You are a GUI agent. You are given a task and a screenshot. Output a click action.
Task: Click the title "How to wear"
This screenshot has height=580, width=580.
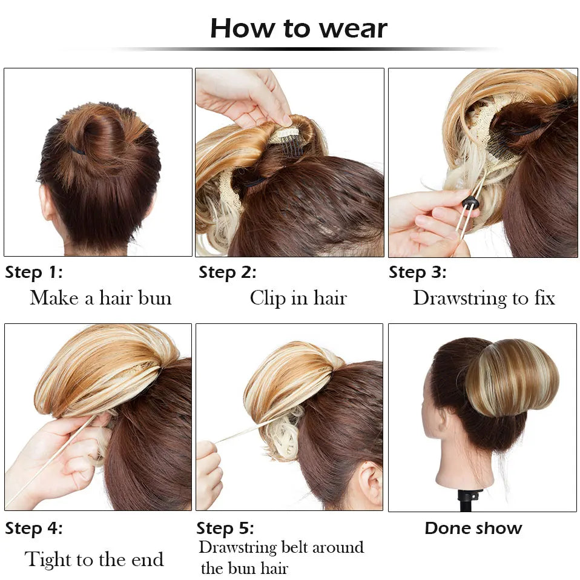[298, 28]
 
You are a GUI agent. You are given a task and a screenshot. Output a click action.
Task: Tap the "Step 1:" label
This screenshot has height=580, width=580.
[34, 272]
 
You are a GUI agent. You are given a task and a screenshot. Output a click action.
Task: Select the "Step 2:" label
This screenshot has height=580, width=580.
[227, 272]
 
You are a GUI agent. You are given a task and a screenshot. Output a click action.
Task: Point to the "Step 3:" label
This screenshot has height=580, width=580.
[417, 272]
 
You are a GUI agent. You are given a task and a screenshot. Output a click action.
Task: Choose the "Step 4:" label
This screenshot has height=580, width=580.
[34, 528]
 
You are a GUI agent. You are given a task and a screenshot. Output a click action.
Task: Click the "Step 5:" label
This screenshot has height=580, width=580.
[225, 528]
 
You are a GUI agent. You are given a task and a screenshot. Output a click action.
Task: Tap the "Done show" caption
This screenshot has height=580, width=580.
[473, 528]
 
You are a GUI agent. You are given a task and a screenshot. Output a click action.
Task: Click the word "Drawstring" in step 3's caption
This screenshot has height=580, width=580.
[460, 298]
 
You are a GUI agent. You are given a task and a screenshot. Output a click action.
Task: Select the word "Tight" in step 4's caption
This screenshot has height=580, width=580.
[48, 560]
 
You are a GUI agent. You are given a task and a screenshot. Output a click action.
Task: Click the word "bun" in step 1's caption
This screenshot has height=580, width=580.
[154, 298]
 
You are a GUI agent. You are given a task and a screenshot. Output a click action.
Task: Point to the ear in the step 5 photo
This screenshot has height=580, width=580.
[370, 480]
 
